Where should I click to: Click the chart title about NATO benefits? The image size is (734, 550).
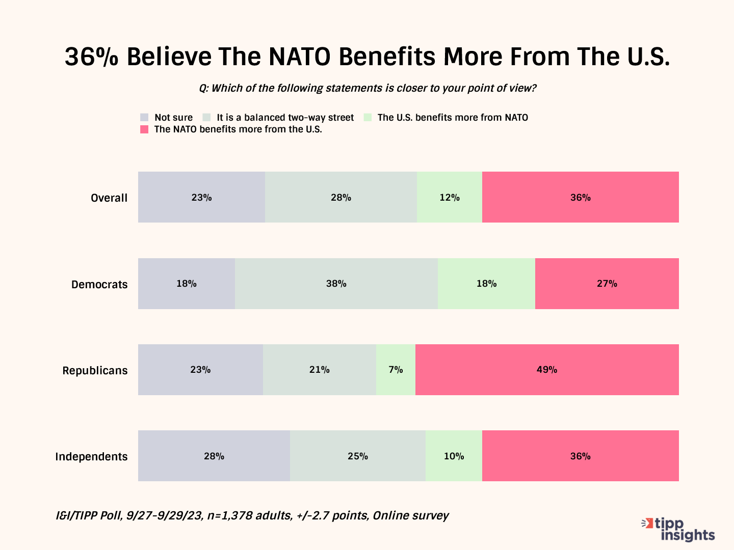(367, 57)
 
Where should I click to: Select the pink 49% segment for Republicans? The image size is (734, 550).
(547, 370)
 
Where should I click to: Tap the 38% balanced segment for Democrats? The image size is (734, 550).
(336, 284)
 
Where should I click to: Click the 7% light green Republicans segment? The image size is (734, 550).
(396, 370)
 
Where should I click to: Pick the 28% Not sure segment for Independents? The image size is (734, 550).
(214, 456)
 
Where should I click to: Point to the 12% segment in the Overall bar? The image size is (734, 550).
(450, 197)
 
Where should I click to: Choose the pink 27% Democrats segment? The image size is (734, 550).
(607, 284)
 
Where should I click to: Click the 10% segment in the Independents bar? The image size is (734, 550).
(454, 456)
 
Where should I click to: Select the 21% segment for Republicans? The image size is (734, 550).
(320, 370)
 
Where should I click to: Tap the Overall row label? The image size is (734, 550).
(109, 198)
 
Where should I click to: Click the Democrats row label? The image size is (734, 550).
(99, 284)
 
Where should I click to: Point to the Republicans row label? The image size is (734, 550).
(95, 370)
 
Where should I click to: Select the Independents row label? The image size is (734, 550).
(91, 456)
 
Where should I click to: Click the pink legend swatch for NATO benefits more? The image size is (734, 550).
(144, 129)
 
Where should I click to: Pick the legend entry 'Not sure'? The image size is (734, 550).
(173, 118)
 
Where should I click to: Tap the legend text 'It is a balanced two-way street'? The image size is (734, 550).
(285, 118)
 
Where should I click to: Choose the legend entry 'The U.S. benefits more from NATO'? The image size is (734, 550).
(453, 118)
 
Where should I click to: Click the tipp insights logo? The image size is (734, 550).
(679, 530)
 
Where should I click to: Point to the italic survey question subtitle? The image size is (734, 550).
(368, 88)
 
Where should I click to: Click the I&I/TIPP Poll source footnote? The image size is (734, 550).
(252, 515)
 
